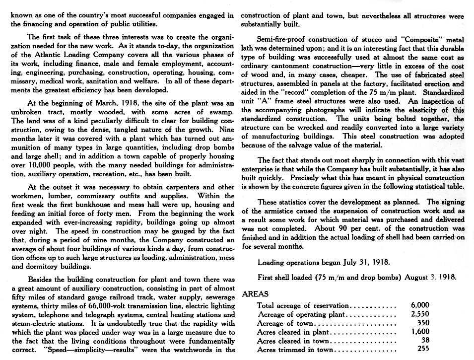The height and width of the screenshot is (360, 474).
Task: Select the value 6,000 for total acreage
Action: pyautogui.click(x=420, y=305)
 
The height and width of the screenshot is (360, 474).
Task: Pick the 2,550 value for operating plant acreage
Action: pyautogui.click(x=420, y=314)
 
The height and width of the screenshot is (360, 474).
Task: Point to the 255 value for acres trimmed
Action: pyautogui.click(x=423, y=349)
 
